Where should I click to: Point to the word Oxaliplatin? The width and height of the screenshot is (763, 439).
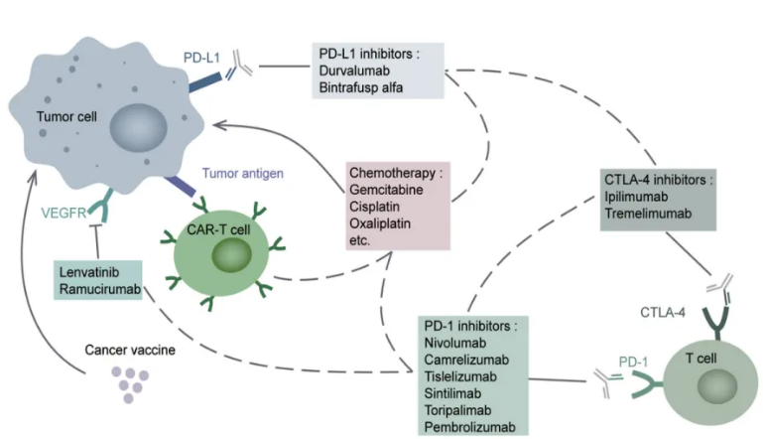[379, 224]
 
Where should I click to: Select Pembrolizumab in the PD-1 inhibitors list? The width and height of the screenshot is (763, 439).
[469, 426]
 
